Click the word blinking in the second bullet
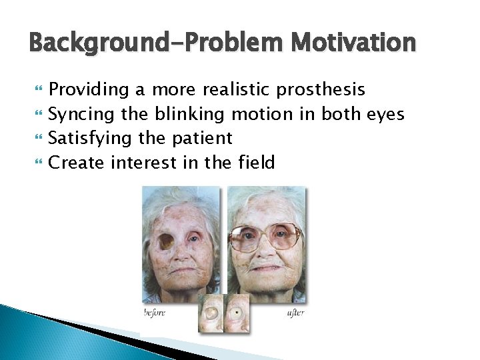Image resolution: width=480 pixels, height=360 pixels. pyautogui.click(x=189, y=115)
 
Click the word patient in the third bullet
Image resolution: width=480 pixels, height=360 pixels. pyautogui.click(x=201, y=139)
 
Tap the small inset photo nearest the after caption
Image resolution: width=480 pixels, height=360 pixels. pyautogui.click(x=237, y=313)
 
